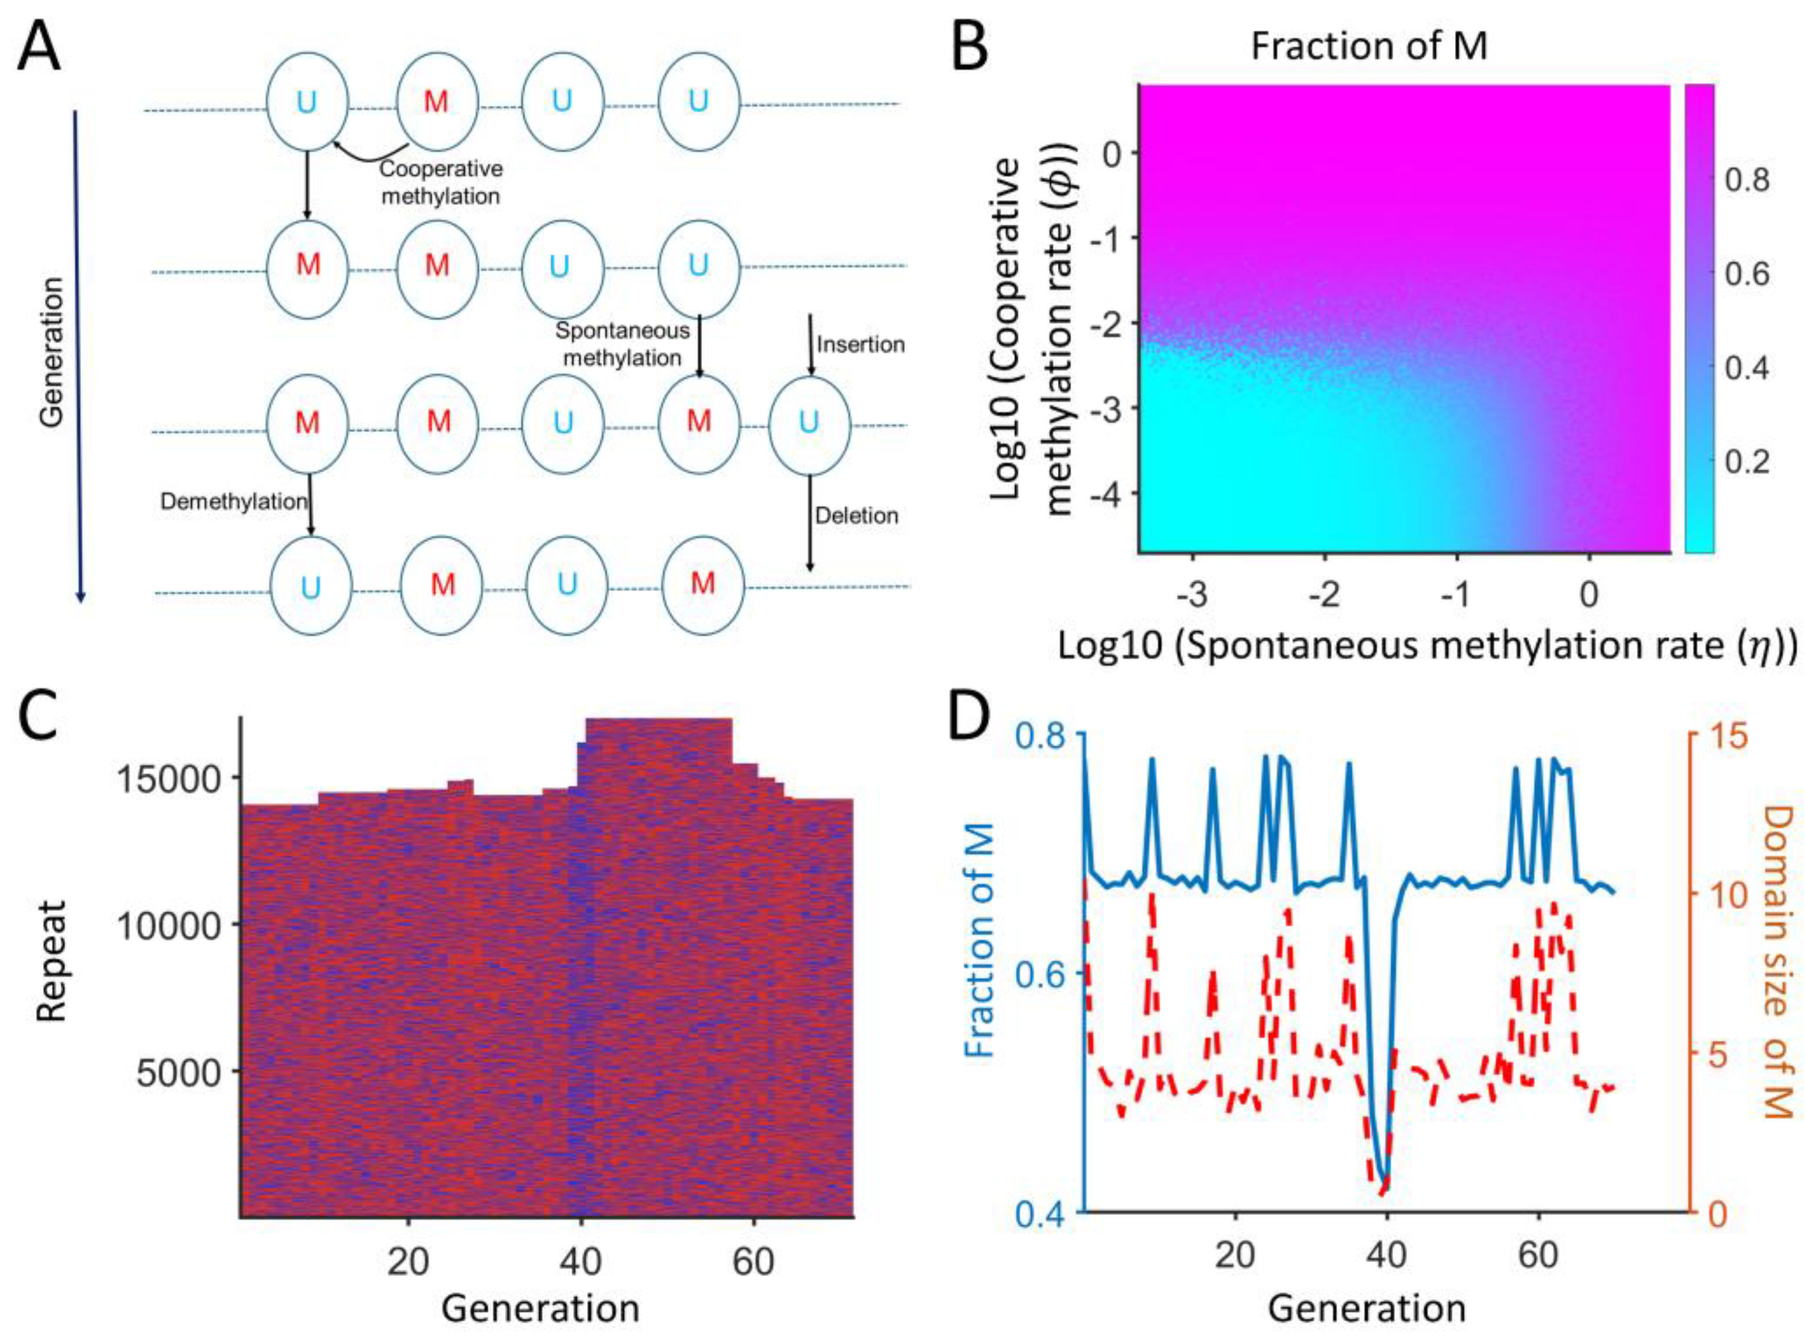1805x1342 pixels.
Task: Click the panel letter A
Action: (x=39, y=47)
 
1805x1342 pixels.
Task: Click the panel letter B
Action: (x=959, y=47)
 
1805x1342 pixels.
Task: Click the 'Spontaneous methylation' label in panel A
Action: (x=622, y=344)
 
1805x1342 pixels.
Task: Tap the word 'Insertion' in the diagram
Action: (x=860, y=344)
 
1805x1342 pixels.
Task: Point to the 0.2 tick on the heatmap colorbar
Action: (x=1747, y=461)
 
